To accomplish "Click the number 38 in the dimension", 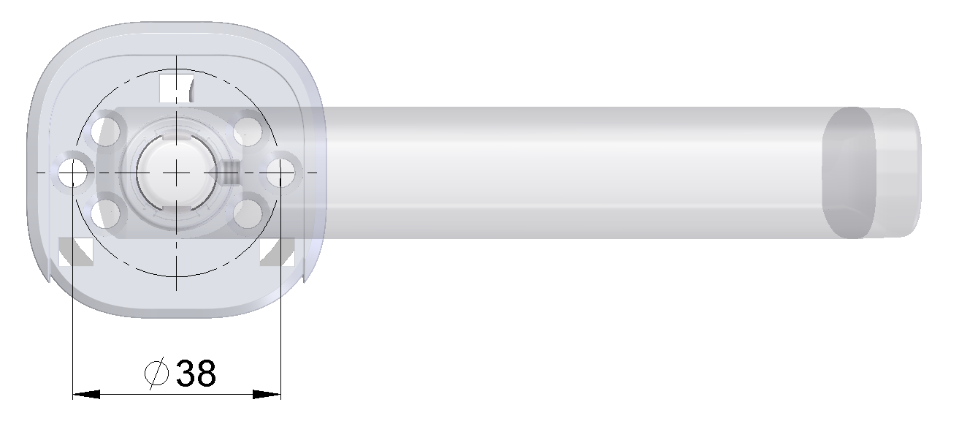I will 196,374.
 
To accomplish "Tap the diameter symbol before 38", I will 157,374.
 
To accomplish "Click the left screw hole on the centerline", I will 73,173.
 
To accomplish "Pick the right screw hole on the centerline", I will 280,173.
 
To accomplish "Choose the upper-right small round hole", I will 248,132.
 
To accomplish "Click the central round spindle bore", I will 175,171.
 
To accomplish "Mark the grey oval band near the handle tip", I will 849,174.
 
